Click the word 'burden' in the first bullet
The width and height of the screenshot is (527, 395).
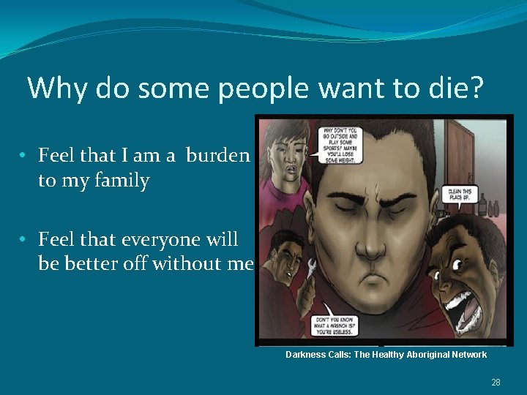[x=217, y=155]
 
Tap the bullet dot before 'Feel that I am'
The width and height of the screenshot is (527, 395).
[x=24, y=156]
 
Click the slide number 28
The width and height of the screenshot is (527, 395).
[x=496, y=382]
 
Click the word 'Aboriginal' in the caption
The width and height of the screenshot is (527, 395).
[x=422, y=355]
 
